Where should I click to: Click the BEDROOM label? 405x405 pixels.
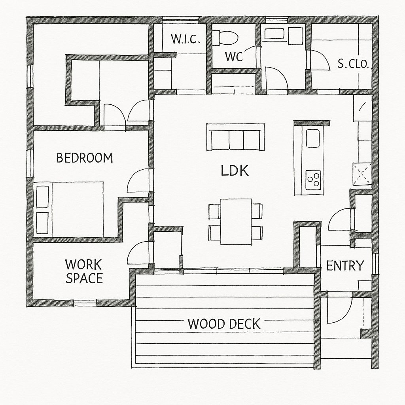(x=85, y=158)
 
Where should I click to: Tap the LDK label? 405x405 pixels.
(x=235, y=171)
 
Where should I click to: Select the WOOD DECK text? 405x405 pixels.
(x=224, y=324)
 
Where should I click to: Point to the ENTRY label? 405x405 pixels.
(x=345, y=265)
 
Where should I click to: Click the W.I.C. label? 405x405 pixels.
(x=185, y=39)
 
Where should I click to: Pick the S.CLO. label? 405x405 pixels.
(x=353, y=64)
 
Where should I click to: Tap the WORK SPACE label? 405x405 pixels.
(x=84, y=271)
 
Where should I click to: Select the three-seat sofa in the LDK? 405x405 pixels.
(x=235, y=137)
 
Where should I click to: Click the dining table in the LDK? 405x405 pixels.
(x=236, y=221)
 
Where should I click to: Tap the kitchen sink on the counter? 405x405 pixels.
(x=313, y=138)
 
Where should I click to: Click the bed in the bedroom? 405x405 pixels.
(x=69, y=209)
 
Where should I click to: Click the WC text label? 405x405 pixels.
(x=234, y=57)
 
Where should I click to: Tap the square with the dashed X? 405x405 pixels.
(x=362, y=174)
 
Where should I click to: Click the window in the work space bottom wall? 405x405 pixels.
(x=85, y=303)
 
